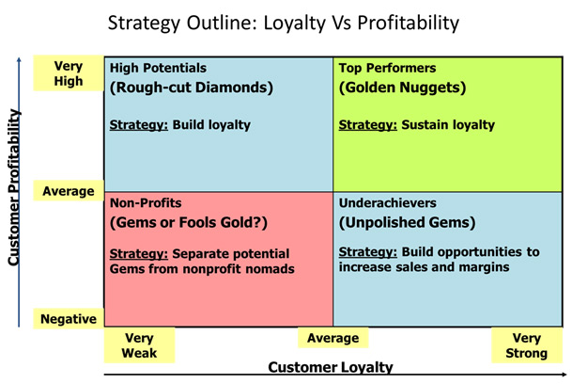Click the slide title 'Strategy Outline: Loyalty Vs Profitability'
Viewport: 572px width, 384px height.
[284, 24]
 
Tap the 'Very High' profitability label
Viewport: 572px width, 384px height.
[69, 73]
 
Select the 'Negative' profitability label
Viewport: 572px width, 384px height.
[69, 319]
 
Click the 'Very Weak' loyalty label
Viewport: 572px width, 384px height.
[139, 345]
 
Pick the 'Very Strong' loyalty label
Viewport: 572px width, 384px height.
[526, 345]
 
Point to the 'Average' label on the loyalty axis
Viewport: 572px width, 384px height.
[333, 338]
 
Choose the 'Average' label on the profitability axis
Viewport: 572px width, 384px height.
[69, 191]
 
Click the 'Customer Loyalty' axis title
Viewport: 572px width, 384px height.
[331, 367]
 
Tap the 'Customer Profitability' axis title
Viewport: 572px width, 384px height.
[14, 187]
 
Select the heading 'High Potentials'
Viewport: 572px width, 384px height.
[158, 68]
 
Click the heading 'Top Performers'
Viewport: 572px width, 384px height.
[387, 68]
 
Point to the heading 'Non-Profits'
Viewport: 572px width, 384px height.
[146, 203]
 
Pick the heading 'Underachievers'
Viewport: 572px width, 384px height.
[387, 203]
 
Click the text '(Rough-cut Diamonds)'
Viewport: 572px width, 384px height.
[192, 88]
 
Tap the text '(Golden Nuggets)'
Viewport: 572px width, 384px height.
[402, 88]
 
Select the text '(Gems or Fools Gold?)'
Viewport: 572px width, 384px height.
[189, 223]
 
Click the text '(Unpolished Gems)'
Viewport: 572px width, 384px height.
[407, 223]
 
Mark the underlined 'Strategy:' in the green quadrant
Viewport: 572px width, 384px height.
[368, 125]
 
